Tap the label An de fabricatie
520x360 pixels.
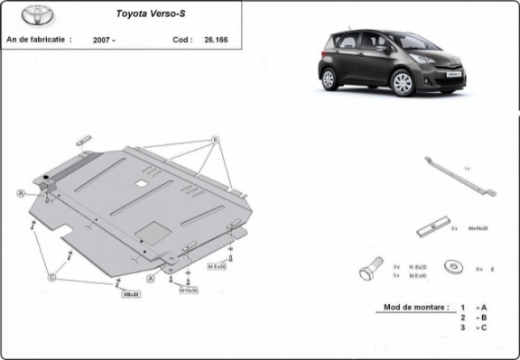(38, 40)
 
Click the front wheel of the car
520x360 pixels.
(404, 83)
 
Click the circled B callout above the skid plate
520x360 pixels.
(215, 140)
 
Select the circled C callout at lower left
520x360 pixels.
(51, 277)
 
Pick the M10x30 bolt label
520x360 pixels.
(187, 291)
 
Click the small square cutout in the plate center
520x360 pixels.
(142, 183)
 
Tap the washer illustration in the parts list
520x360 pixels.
(452, 267)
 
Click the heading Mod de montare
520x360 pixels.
(413, 308)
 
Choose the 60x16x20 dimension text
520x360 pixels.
(475, 229)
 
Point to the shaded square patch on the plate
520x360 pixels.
(156, 231)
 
